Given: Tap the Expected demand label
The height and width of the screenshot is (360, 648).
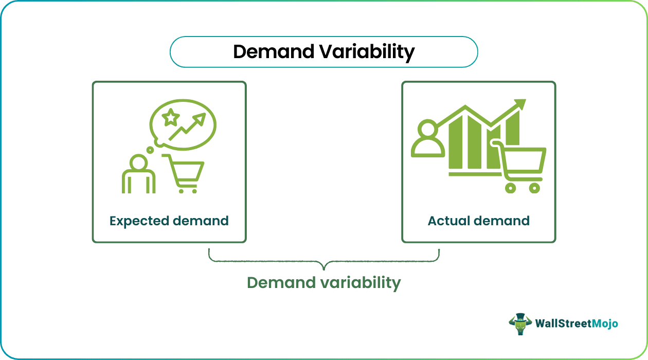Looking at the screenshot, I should point(169,221).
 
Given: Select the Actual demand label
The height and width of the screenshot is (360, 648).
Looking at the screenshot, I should point(478,221).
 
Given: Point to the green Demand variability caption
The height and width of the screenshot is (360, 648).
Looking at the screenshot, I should point(323,282).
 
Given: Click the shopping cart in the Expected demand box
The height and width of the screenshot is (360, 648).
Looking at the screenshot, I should point(185,173).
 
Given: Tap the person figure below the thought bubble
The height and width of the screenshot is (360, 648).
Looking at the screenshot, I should point(138,175).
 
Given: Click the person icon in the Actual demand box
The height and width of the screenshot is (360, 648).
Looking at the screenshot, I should point(427,139).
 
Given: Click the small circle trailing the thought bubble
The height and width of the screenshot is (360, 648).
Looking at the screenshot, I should point(150,150).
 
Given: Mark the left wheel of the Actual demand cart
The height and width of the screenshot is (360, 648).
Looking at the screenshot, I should point(510,188).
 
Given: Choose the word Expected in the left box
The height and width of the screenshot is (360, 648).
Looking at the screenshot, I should point(139,221).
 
